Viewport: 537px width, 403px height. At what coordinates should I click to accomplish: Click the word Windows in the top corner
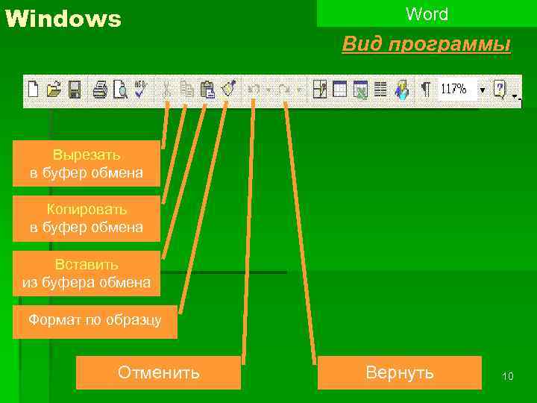click(x=63, y=19)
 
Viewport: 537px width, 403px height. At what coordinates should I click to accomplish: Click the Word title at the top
click(x=427, y=14)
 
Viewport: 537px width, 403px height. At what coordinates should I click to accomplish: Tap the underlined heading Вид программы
click(x=426, y=45)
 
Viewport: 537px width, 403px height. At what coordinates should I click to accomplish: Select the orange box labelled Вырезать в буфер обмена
click(x=87, y=163)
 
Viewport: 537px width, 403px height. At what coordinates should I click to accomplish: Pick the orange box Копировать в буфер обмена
click(x=87, y=218)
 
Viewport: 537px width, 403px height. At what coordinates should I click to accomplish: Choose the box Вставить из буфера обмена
click(x=87, y=273)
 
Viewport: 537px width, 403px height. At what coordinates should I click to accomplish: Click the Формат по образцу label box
click(x=94, y=321)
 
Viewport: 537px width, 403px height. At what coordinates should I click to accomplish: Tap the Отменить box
click(x=159, y=372)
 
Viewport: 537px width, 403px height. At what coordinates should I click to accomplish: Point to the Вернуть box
click(x=400, y=372)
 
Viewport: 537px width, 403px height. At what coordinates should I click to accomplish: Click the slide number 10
click(x=508, y=376)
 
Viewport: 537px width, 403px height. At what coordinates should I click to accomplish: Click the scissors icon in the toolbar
click(x=166, y=90)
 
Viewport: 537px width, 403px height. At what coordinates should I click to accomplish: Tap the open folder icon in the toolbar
click(x=53, y=90)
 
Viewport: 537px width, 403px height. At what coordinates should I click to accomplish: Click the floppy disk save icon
click(x=74, y=90)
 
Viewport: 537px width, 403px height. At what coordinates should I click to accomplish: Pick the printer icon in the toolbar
click(x=100, y=90)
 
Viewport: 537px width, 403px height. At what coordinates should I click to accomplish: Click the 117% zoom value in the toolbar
click(x=454, y=89)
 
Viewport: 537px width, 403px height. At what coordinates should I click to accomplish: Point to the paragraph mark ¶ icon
click(x=425, y=90)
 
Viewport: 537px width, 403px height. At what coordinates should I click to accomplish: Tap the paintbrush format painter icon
click(x=229, y=90)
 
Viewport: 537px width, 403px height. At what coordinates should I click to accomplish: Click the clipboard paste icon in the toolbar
click(x=208, y=90)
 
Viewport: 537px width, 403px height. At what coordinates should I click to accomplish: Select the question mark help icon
click(x=500, y=89)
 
